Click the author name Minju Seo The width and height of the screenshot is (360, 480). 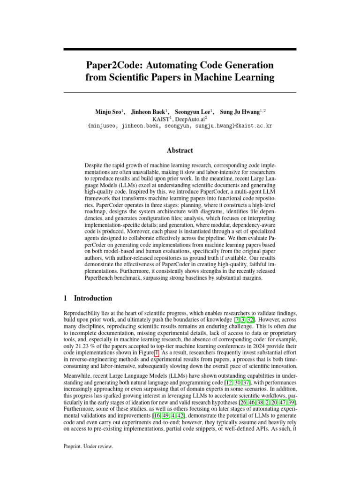tap(108, 112)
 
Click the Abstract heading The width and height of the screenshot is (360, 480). tap(180, 150)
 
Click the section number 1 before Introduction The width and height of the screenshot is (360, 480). tap(65, 298)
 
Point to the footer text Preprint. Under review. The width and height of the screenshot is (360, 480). tap(88, 447)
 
